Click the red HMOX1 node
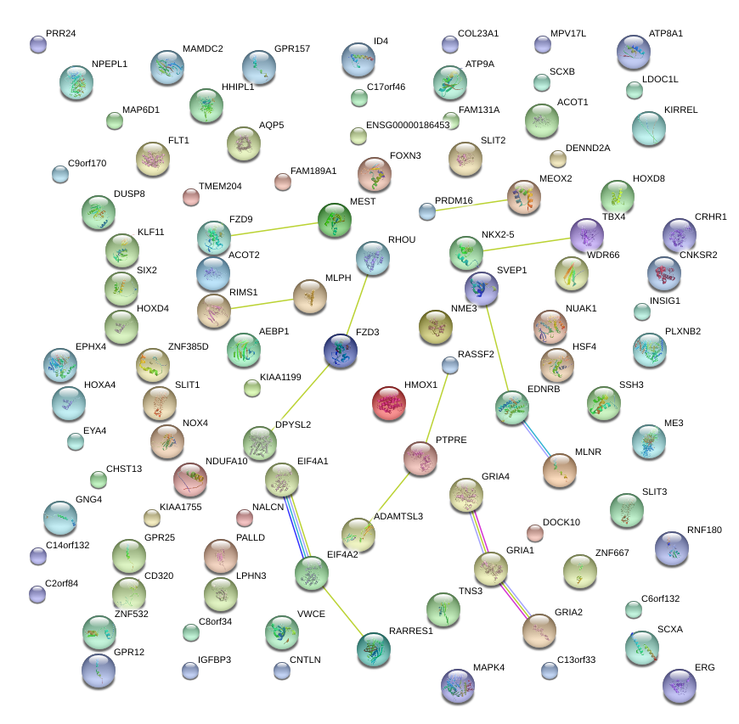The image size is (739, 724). click(x=390, y=402)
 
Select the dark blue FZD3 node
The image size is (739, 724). click(x=341, y=351)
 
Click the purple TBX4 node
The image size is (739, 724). click(x=587, y=235)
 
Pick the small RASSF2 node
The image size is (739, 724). click(x=450, y=365)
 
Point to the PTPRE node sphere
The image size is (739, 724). click(x=420, y=458)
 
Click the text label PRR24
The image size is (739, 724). click(x=61, y=34)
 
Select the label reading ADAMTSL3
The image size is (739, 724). click(x=398, y=516)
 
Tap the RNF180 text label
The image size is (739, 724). click(x=704, y=530)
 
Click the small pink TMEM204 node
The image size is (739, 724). click(x=191, y=198)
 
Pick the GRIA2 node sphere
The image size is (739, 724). click(x=539, y=630)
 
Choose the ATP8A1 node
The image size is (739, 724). click(x=634, y=52)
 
